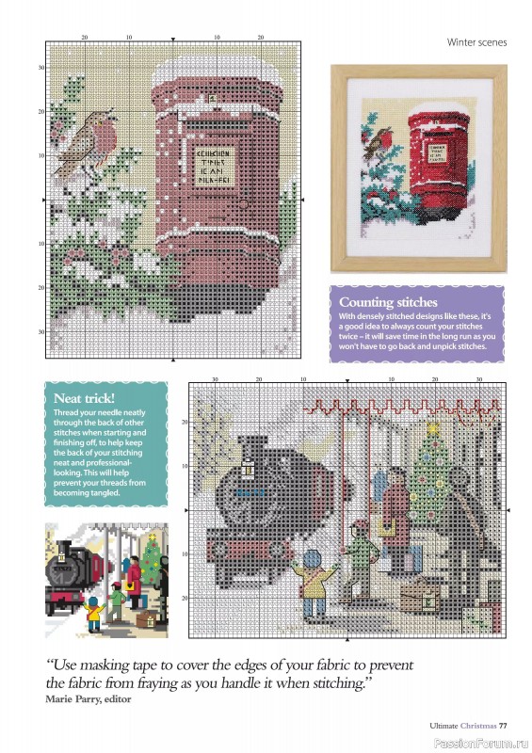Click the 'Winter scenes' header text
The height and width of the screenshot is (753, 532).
pyautogui.click(x=476, y=42)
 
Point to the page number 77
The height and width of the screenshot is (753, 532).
pyautogui.click(x=504, y=726)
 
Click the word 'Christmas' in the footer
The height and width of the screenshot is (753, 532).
pyautogui.click(x=474, y=726)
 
